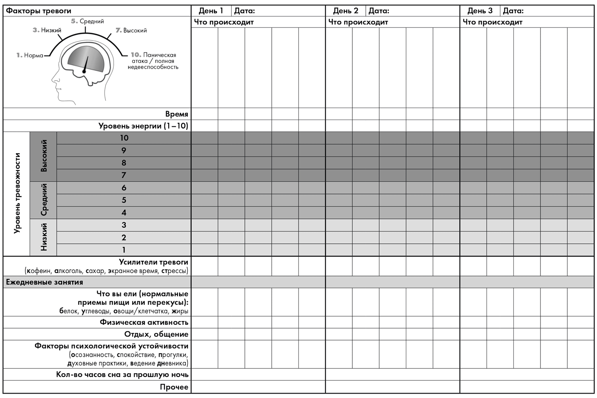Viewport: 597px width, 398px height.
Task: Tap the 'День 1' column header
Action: click(x=211, y=11)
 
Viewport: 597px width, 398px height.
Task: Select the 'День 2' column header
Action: click(x=345, y=11)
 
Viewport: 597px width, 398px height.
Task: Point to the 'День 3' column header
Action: click(x=480, y=11)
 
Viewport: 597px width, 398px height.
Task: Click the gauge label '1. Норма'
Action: click(x=30, y=55)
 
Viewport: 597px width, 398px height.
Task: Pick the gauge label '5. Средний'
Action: click(x=88, y=21)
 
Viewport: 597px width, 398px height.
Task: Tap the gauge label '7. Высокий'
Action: click(x=131, y=30)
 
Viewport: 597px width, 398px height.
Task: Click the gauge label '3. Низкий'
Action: click(x=47, y=30)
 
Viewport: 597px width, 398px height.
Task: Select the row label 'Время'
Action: click(x=176, y=114)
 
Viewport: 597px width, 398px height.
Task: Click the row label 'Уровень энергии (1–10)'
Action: click(x=143, y=126)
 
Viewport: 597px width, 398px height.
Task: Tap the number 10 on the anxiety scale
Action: click(x=124, y=138)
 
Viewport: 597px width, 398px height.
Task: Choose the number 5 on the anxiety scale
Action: click(x=124, y=200)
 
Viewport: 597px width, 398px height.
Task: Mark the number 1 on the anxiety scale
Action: click(x=124, y=250)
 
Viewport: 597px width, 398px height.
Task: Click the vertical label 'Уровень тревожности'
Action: click(x=17, y=193)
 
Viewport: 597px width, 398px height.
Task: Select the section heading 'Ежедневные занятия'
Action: click(x=45, y=282)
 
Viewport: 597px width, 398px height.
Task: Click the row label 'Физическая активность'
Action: click(x=144, y=322)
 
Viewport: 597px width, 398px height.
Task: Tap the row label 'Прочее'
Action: click(x=174, y=387)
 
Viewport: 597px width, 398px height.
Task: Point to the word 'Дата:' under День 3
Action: click(x=513, y=11)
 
